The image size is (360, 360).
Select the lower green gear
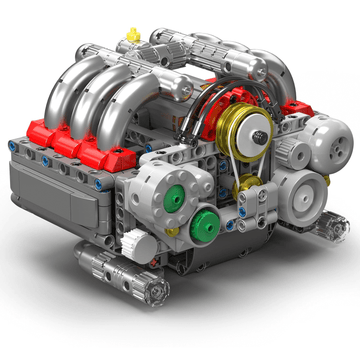tap(205, 222)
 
